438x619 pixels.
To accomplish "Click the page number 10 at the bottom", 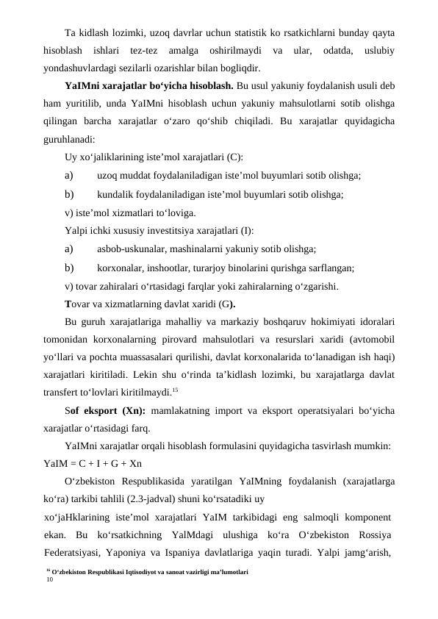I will point(49,579).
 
